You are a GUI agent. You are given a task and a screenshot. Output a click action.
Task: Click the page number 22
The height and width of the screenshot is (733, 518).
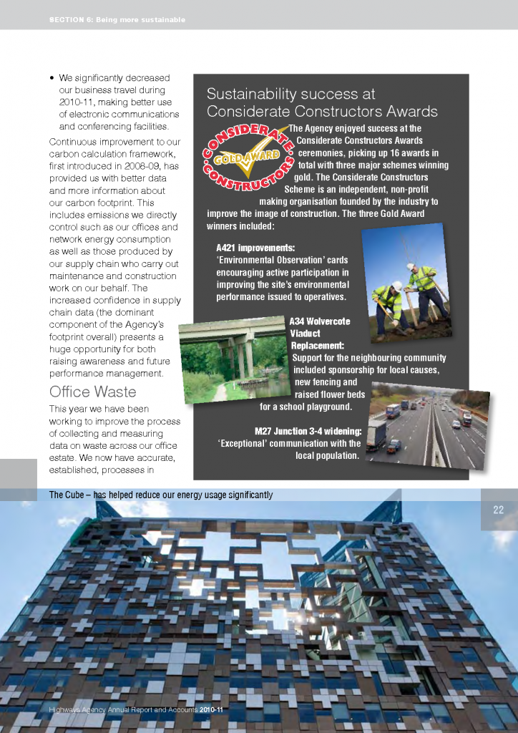coord(499,510)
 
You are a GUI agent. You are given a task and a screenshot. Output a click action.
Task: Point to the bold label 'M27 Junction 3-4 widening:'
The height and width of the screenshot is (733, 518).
coord(308,431)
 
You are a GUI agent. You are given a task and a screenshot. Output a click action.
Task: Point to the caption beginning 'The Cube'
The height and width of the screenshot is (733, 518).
coord(160,495)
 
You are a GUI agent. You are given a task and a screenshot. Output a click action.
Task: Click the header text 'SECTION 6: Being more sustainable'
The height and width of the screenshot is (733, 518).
coord(117,20)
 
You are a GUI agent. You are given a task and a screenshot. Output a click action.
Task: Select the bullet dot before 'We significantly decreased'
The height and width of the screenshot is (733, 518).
coord(52,79)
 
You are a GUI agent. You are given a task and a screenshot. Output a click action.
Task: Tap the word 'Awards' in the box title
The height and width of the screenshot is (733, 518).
coord(411,112)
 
